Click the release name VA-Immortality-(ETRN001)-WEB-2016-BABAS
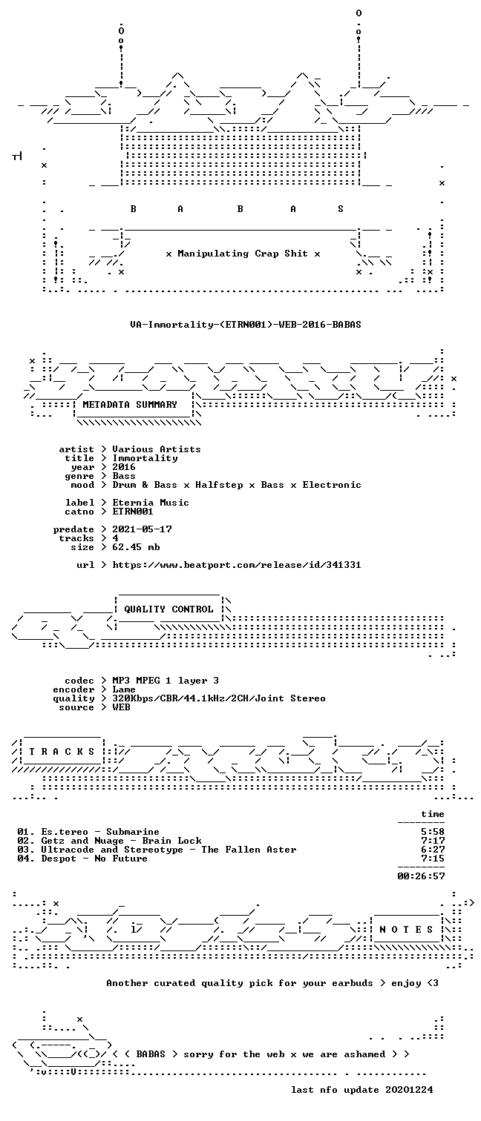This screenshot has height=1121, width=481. (246, 324)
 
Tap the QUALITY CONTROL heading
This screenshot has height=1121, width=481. (168, 609)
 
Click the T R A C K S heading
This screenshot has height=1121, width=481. (62, 751)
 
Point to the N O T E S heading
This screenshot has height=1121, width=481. (406, 929)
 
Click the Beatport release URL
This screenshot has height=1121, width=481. (237, 565)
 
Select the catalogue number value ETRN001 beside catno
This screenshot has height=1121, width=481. (133, 512)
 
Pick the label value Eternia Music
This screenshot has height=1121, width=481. (151, 503)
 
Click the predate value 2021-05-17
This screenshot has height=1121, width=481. (142, 529)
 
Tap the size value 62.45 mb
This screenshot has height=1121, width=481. (136, 547)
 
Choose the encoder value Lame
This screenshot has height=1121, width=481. (124, 689)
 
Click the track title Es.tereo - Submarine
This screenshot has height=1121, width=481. (100, 832)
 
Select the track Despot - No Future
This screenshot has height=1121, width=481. (94, 859)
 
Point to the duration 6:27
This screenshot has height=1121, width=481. (433, 849)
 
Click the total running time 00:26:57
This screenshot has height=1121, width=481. (421, 876)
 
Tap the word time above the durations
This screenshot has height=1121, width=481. (433, 814)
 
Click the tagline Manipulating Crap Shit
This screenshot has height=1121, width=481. (243, 254)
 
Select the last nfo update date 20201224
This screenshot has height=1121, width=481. (409, 1089)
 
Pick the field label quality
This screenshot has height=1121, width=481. (73, 698)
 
